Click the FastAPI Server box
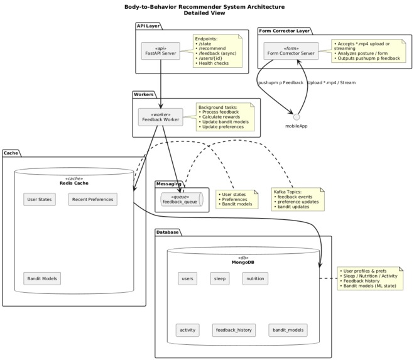[x=161, y=51]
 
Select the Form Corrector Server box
[x=291, y=51]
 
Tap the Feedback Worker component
[x=161, y=117]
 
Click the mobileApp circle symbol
[x=297, y=117]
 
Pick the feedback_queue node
[x=182, y=199]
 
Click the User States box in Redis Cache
[x=40, y=199]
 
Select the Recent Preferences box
[x=93, y=199]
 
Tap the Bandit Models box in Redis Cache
[x=42, y=278]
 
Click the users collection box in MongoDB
[x=187, y=278]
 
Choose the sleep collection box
[x=220, y=278]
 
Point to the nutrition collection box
[x=255, y=278]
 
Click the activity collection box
[x=188, y=330]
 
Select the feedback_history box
[x=234, y=330]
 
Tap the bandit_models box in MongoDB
[x=288, y=330]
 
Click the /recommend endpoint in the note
[x=212, y=48]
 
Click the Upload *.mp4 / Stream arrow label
[x=332, y=83]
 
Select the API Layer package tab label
[x=148, y=26]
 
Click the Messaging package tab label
[x=169, y=184]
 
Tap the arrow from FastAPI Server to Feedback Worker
[x=161, y=84]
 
